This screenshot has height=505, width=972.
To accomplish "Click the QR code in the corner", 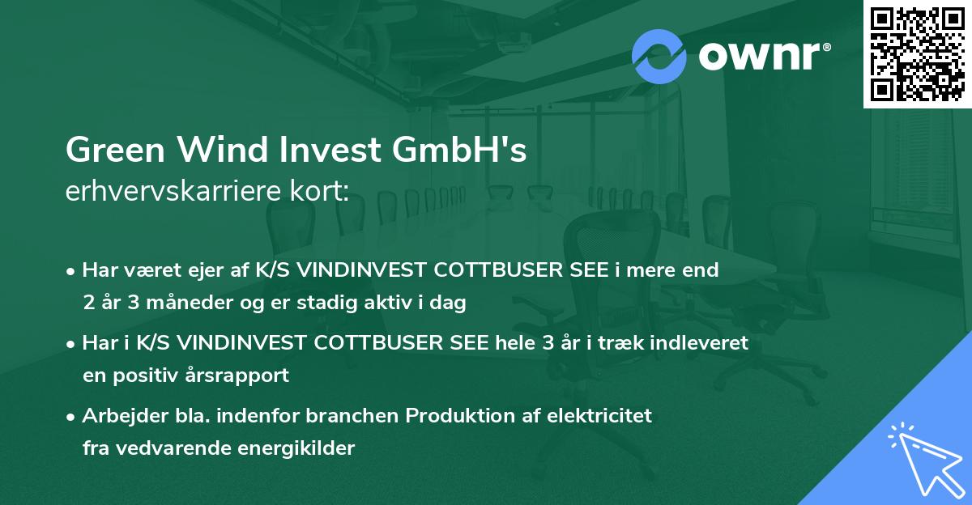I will coord(916,53).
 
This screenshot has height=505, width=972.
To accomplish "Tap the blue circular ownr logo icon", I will coord(659,56).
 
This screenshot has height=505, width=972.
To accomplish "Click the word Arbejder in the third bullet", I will coord(118,416).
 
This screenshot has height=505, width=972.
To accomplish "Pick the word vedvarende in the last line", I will coord(173,448).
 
